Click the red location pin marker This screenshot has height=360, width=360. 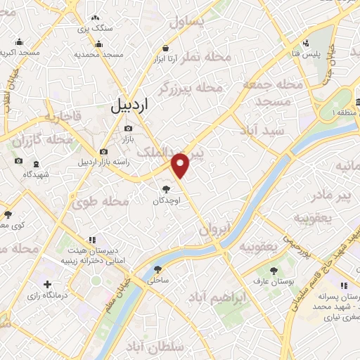[181, 165]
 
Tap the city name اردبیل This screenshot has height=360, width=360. [131, 106]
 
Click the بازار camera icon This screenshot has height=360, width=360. [128, 128]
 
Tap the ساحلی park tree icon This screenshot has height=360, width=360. [157, 269]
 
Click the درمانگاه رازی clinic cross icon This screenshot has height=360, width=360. [47, 285]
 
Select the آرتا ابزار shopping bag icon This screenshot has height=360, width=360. [165, 48]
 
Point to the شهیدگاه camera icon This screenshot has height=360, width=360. [18, 161]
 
